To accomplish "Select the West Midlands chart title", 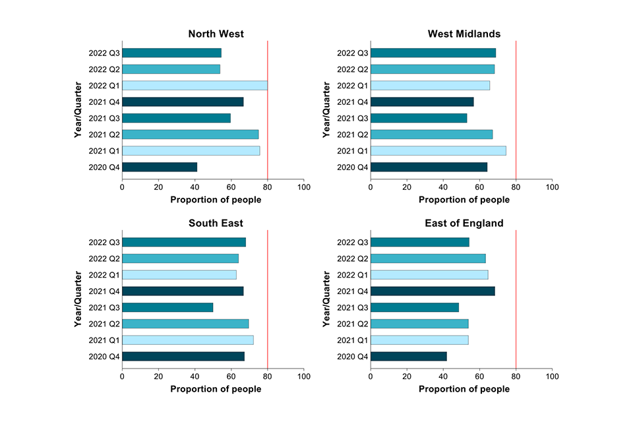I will click(x=464, y=34).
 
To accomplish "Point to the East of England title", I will click(x=464, y=224).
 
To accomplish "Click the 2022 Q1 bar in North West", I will click(x=195, y=86).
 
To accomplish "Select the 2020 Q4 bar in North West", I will click(x=160, y=167).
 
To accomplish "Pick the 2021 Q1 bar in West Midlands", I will click(x=438, y=151).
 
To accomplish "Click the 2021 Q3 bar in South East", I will click(x=167, y=307).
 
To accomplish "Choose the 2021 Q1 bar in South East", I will click(x=188, y=340).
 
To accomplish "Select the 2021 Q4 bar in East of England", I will click(x=433, y=291).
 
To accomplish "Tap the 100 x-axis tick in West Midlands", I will click(x=552, y=188).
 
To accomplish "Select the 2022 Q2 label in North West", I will click(x=104, y=69).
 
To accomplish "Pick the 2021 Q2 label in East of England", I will click(x=352, y=324).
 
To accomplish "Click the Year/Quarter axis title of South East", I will click(x=78, y=299).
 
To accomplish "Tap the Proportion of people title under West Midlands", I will click(x=464, y=200).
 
